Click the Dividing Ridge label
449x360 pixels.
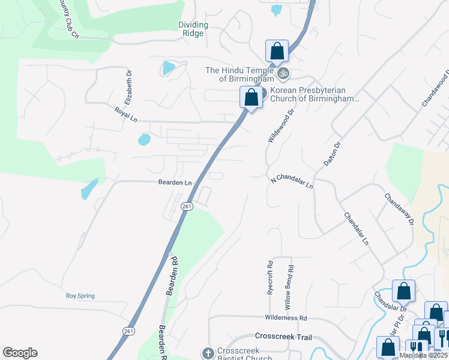[x=193, y=29]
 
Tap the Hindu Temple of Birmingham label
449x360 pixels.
[x=240, y=74]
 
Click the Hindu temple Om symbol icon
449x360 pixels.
[x=283, y=75]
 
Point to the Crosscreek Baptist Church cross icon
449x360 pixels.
[x=208, y=353]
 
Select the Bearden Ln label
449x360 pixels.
[x=175, y=182]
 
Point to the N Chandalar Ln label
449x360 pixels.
[x=292, y=182]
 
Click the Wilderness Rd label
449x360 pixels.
[x=286, y=317]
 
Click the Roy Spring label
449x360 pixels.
[x=80, y=296]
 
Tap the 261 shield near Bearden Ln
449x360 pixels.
[x=187, y=206]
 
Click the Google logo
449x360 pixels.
[x=20, y=353]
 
